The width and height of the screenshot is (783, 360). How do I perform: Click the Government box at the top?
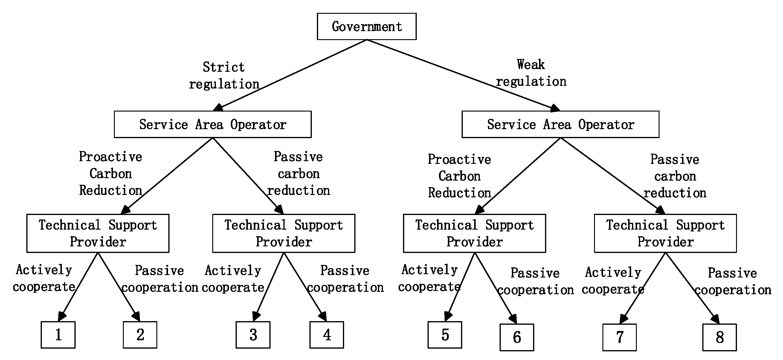tap(367, 26)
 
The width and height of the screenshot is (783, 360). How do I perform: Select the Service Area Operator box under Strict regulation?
tap(213, 124)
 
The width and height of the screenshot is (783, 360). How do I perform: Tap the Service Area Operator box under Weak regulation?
tap(560, 124)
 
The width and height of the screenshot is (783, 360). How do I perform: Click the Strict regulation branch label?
tap(224, 75)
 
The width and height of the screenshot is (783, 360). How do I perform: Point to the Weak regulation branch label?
tap(531, 73)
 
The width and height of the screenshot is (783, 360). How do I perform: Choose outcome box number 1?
tap(58, 335)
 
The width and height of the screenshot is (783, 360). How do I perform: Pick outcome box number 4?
tap(326, 335)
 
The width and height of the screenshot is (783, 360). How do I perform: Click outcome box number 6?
tap(517, 337)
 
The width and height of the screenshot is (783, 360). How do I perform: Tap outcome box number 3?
tap(253, 335)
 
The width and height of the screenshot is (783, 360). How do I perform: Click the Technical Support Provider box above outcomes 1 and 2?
tap(98, 233)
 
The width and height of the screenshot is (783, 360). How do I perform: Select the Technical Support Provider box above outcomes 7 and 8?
tap(665, 233)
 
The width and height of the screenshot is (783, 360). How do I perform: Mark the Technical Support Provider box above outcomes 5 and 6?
tap(474, 233)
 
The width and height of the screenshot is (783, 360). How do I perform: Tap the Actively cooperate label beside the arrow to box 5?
tap(429, 278)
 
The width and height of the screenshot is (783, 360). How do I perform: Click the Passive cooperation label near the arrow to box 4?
tap(345, 279)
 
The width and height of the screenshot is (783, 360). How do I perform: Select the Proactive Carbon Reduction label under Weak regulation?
tap(459, 176)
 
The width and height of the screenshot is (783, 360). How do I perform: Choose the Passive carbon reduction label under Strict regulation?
tap(298, 174)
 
